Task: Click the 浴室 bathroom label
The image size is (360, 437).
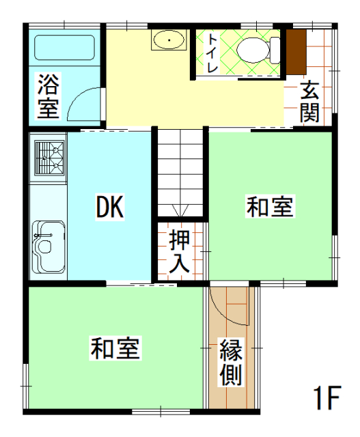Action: [48, 97]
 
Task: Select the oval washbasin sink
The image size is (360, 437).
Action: [167, 42]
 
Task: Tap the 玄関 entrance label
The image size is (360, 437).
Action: [309, 102]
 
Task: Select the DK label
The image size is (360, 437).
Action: [109, 207]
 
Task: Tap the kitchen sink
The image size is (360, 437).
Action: [48, 245]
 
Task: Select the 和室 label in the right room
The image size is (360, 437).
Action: [271, 207]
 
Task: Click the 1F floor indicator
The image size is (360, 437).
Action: [326, 398]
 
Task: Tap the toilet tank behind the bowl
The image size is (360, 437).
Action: [274, 49]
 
